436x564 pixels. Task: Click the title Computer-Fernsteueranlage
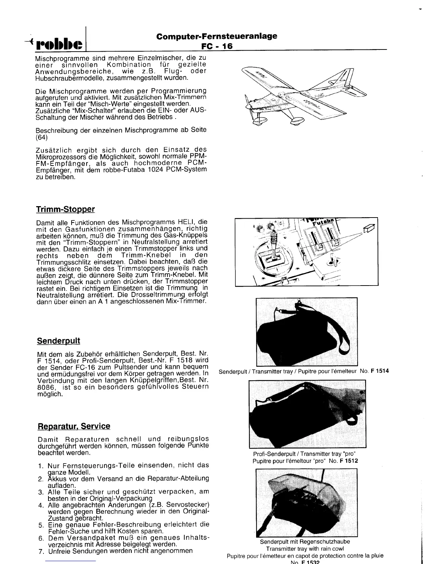pos(217,36)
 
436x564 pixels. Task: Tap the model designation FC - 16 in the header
pos(217,46)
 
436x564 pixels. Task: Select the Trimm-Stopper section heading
pos(66,209)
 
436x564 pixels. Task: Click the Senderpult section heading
pos(58,341)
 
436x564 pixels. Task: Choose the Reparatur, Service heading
pos(74,426)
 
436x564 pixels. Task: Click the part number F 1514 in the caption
pos(380,371)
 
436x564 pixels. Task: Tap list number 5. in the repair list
pos(41,525)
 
